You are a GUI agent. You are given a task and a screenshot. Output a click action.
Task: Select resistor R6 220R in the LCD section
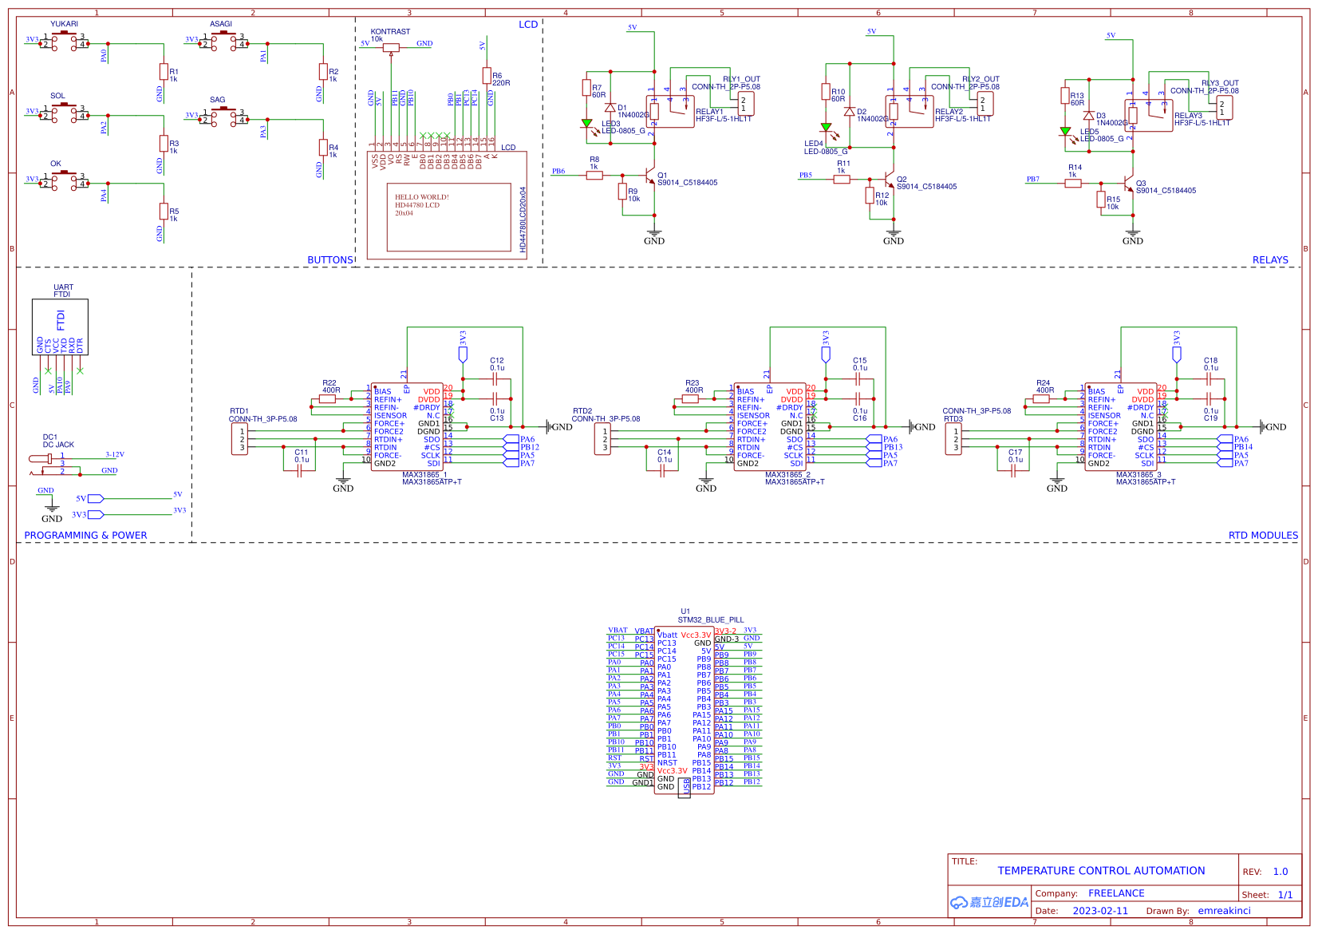pyautogui.click(x=487, y=75)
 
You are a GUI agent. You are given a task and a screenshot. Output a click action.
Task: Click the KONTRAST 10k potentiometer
pyautogui.click(x=391, y=47)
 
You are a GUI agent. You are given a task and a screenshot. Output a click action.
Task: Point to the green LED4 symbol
pyautogui.click(x=826, y=127)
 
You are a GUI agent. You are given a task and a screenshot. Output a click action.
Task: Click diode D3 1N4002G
pyautogui.click(x=1088, y=116)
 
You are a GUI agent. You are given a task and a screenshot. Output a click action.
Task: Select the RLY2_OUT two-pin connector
pyautogui.click(x=985, y=104)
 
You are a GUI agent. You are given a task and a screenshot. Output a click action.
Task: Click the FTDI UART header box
pyautogui.click(x=60, y=327)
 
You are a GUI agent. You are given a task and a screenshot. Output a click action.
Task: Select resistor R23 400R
pyautogui.click(x=691, y=398)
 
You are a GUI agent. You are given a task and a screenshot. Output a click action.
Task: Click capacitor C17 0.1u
pyautogui.click(x=1013, y=470)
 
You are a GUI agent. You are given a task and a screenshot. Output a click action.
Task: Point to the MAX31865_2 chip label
pyautogui.click(x=787, y=475)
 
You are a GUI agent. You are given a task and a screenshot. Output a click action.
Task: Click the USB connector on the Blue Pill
pyautogui.click(x=684, y=786)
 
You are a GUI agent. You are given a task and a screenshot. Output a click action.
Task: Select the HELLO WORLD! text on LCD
pyautogui.click(x=421, y=197)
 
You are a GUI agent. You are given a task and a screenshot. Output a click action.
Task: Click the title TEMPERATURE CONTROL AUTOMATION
pyautogui.click(x=1101, y=871)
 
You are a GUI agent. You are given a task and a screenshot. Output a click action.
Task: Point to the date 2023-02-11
pyautogui.click(x=1100, y=911)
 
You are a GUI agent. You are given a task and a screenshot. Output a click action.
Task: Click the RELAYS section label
pyautogui.click(x=1269, y=259)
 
